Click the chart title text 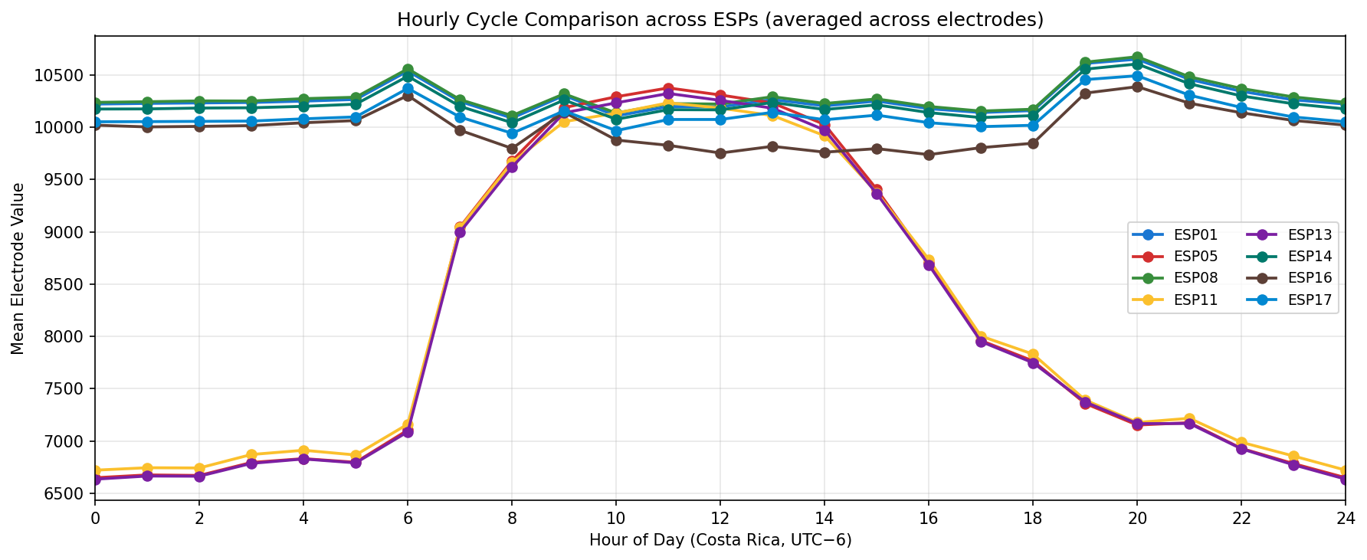point(720,20)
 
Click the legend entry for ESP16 point(1310,277)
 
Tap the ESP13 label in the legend point(1310,234)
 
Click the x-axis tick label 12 point(720,519)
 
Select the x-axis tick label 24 point(1345,519)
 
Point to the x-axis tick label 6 point(408,519)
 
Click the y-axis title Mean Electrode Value point(18,268)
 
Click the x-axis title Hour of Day point(720,541)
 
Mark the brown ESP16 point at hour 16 point(929,155)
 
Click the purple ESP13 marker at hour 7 point(460,232)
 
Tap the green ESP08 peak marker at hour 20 point(1137,57)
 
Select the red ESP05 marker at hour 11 point(668,89)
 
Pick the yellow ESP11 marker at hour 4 point(303,450)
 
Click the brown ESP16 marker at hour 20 point(1137,87)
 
